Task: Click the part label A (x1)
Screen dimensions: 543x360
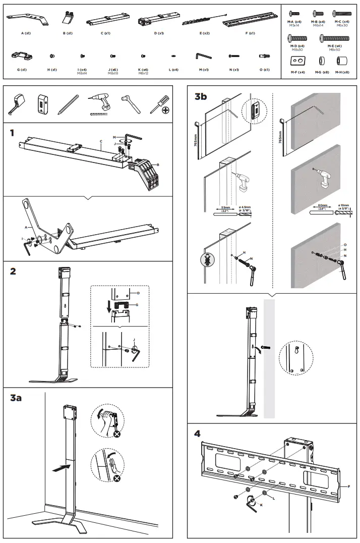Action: (26, 33)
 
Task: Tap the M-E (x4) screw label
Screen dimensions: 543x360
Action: (335, 46)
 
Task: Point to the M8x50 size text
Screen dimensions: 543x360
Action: (335, 50)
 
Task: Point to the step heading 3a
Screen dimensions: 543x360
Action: (16, 398)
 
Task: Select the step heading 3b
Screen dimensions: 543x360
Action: (201, 97)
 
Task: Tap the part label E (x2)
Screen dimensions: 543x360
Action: (204, 33)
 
